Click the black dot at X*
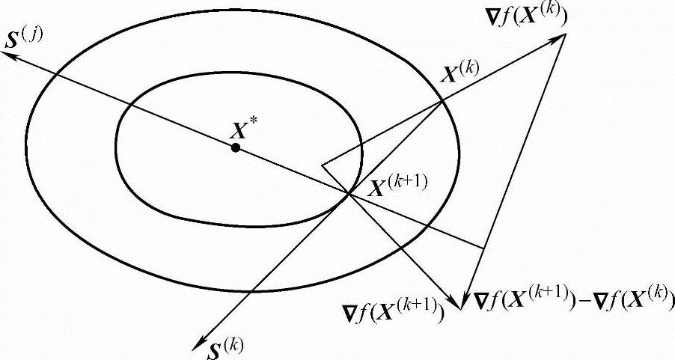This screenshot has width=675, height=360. pyautogui.click(x=236, y=148)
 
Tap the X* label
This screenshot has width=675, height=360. pyautogui.click(x=241, y=129)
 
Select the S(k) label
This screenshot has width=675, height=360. pyautogui.click(x=222, y=346)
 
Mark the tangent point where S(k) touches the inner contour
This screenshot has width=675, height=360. pyautogui.click(x=349, y=194)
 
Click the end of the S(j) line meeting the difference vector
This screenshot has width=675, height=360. pyautogui.click(x=483, y=247)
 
